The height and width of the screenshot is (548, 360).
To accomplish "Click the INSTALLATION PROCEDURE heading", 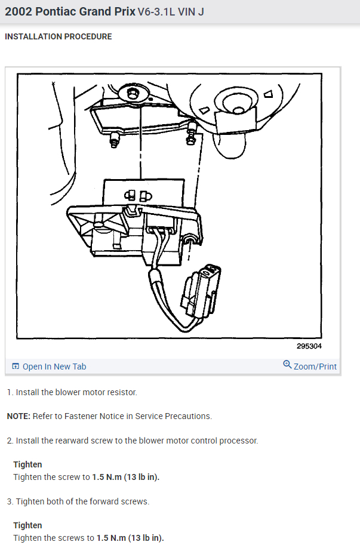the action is [58, 37].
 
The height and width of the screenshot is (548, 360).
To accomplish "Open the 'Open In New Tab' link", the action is [54, 367].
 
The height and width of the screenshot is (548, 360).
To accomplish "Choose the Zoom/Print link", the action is [315, 367].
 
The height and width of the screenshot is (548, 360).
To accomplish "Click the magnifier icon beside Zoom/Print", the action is [287, 365].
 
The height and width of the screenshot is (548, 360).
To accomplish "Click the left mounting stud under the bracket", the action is [114, 141].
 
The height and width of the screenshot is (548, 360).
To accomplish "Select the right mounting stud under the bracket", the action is [192, 138].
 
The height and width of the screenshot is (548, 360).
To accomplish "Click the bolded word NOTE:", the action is [19, 416].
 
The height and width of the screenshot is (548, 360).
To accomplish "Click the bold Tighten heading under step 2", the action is [27, 464].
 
